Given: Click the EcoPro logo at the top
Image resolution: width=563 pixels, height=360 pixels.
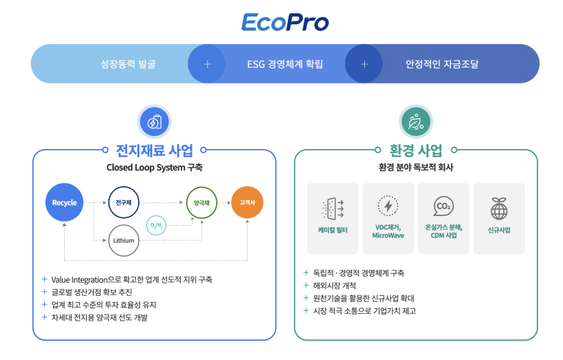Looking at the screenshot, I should [284, 21].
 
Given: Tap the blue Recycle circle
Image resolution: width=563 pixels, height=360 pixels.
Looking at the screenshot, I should [64, 203].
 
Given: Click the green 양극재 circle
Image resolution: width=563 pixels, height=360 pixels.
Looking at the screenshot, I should [201, 203].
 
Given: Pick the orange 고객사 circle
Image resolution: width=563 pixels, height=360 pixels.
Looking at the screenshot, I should [247, 203].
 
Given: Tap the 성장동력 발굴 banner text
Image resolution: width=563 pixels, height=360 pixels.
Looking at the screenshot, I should [128, 64].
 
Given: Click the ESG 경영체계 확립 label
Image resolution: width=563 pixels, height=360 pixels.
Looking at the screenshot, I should [285, 64].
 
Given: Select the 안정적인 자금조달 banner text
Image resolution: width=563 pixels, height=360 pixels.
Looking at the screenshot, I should [442, 64].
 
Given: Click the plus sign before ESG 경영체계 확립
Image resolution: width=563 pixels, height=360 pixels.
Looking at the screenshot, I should [207, 64].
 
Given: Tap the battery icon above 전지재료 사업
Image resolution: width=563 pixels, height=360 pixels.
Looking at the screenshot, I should [155, 122].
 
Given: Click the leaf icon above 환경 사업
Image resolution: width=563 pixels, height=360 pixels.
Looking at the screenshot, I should [415, 122].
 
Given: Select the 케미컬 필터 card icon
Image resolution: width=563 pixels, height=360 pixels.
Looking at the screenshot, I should [333, 207].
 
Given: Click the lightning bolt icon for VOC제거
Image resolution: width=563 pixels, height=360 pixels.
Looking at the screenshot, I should [388, 206].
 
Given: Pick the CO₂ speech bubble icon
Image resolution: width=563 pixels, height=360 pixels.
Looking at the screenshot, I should [443, 206].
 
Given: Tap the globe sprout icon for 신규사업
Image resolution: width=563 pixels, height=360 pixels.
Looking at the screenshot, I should [499, 207].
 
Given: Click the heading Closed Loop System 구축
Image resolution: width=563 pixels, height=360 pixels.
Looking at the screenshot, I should [155, 168].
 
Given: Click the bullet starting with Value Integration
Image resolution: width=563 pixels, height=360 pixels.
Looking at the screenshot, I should [131, 279].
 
